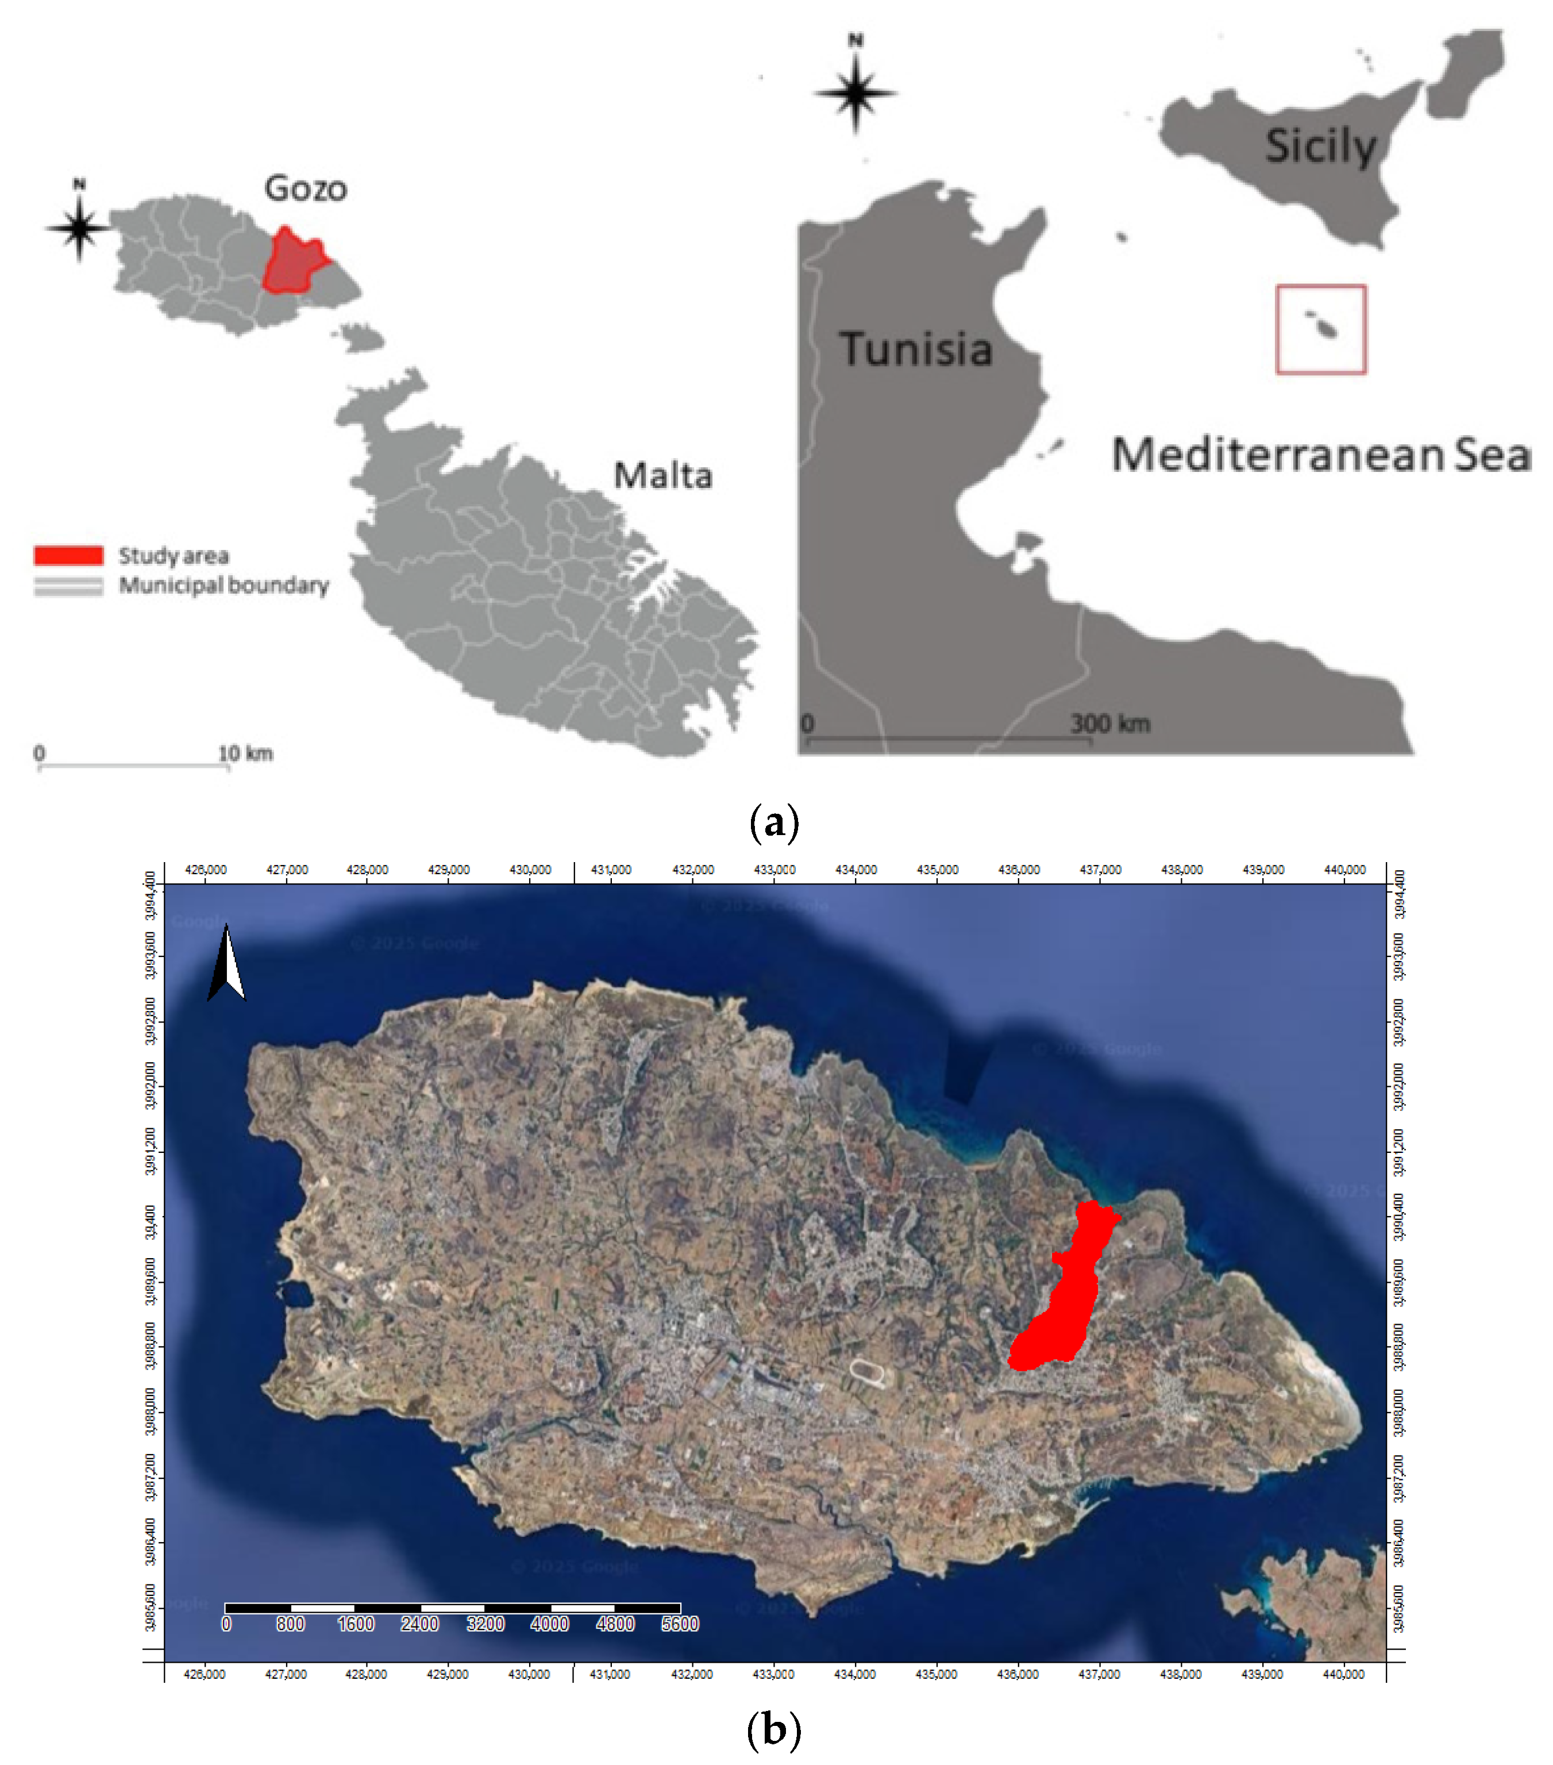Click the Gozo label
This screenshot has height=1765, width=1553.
[x=306, y=189]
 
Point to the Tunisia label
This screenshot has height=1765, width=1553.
[x=915, y=349]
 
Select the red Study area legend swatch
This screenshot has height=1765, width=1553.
[x=68, y=555]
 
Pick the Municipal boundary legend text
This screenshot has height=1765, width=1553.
[x=223, y=586]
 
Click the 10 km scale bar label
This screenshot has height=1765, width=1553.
[x=245, y=754]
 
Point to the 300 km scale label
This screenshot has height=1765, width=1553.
[x=1109, y=724]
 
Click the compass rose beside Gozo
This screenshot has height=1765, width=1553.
[x=79, y=228]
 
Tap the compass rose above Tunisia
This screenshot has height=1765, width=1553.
[x=854, y=93]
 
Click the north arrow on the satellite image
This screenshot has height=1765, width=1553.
[x=226, y=963]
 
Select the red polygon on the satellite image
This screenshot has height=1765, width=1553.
[x=1063, y=1295]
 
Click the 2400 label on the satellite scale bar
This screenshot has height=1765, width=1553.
[x=419, y=1624]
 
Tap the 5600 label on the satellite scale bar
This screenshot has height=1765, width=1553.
[x=679, y=1624]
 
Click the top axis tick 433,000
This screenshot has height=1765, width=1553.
[x=774, y=870]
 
